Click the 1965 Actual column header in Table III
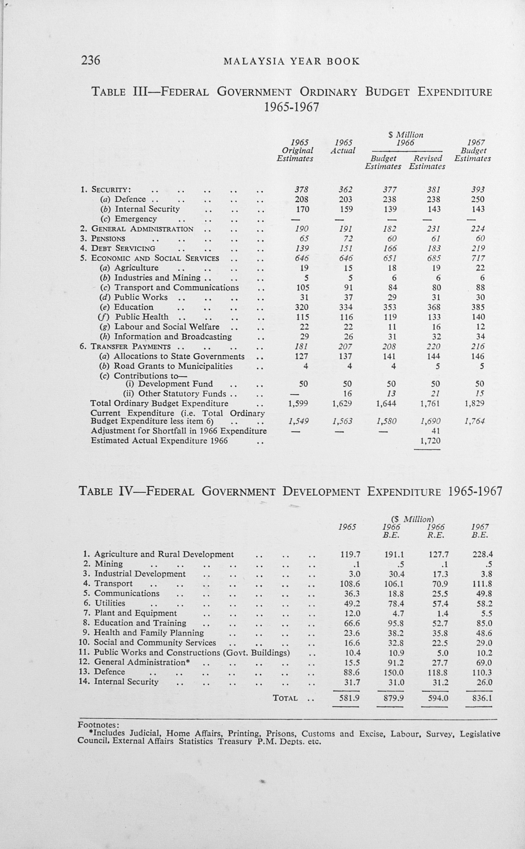click(x=343, y=147)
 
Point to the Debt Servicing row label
click(x=123, y=248)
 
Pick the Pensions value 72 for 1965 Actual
click(x=348, y=238)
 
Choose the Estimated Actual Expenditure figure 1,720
click(x=430, y=441)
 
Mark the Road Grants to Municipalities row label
click(x=173, y=366)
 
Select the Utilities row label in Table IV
click(x=110, y=603)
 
